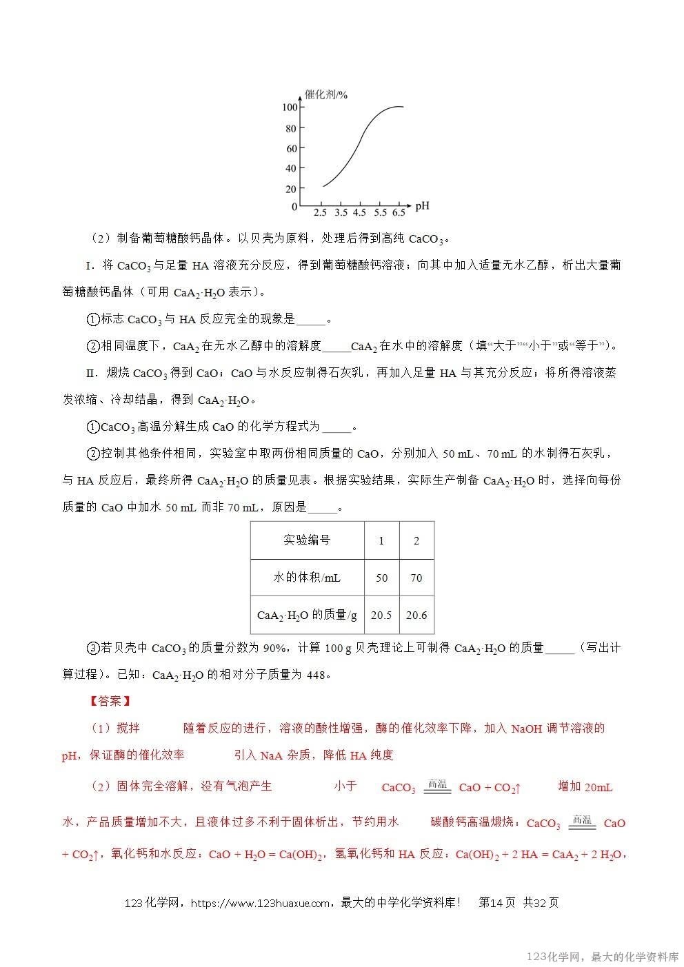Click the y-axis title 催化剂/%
click(x=326, y=94)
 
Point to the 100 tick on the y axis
click(x=289, y=108)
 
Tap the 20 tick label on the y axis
click(x=290, y=189)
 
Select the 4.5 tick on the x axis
click(x=360, y=213)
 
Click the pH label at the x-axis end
click(x=422, y=205)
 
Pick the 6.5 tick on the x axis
click(x=399, y=213)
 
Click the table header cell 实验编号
click(x=307, y=540)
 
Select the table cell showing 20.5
click(x=381, y=615)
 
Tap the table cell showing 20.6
click(x=416, y=615)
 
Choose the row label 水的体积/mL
click(x=307, y=578)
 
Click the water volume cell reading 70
click(x=416, y=578)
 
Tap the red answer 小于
click(x=345, y=786)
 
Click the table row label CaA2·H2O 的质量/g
click(x=307, y=615)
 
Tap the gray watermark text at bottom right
click(x=603, y=957)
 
